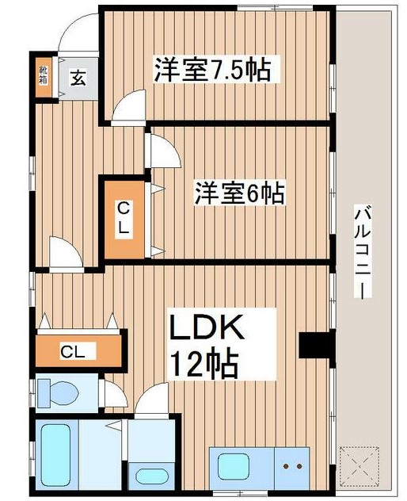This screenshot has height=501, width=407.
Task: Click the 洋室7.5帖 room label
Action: click(211, 70)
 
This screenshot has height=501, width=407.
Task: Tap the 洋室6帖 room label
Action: click(239, 193)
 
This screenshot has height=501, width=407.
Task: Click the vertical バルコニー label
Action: click(363, 250)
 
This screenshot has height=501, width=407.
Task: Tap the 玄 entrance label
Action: click(78, 78)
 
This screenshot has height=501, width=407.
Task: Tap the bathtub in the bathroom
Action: click(54, 458)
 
